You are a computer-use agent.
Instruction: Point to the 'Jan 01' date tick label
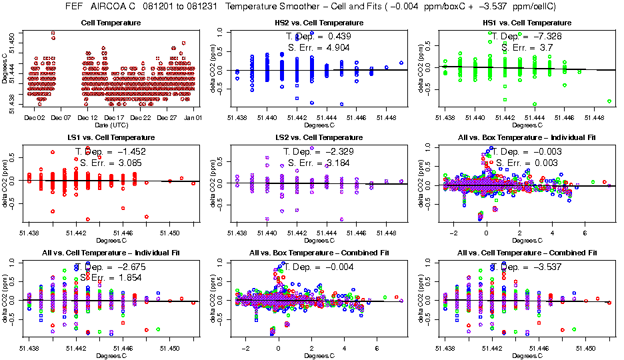193,117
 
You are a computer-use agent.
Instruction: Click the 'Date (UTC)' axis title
111,125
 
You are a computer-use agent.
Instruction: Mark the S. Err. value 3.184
336,163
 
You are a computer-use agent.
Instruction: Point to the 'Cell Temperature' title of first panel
111,23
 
